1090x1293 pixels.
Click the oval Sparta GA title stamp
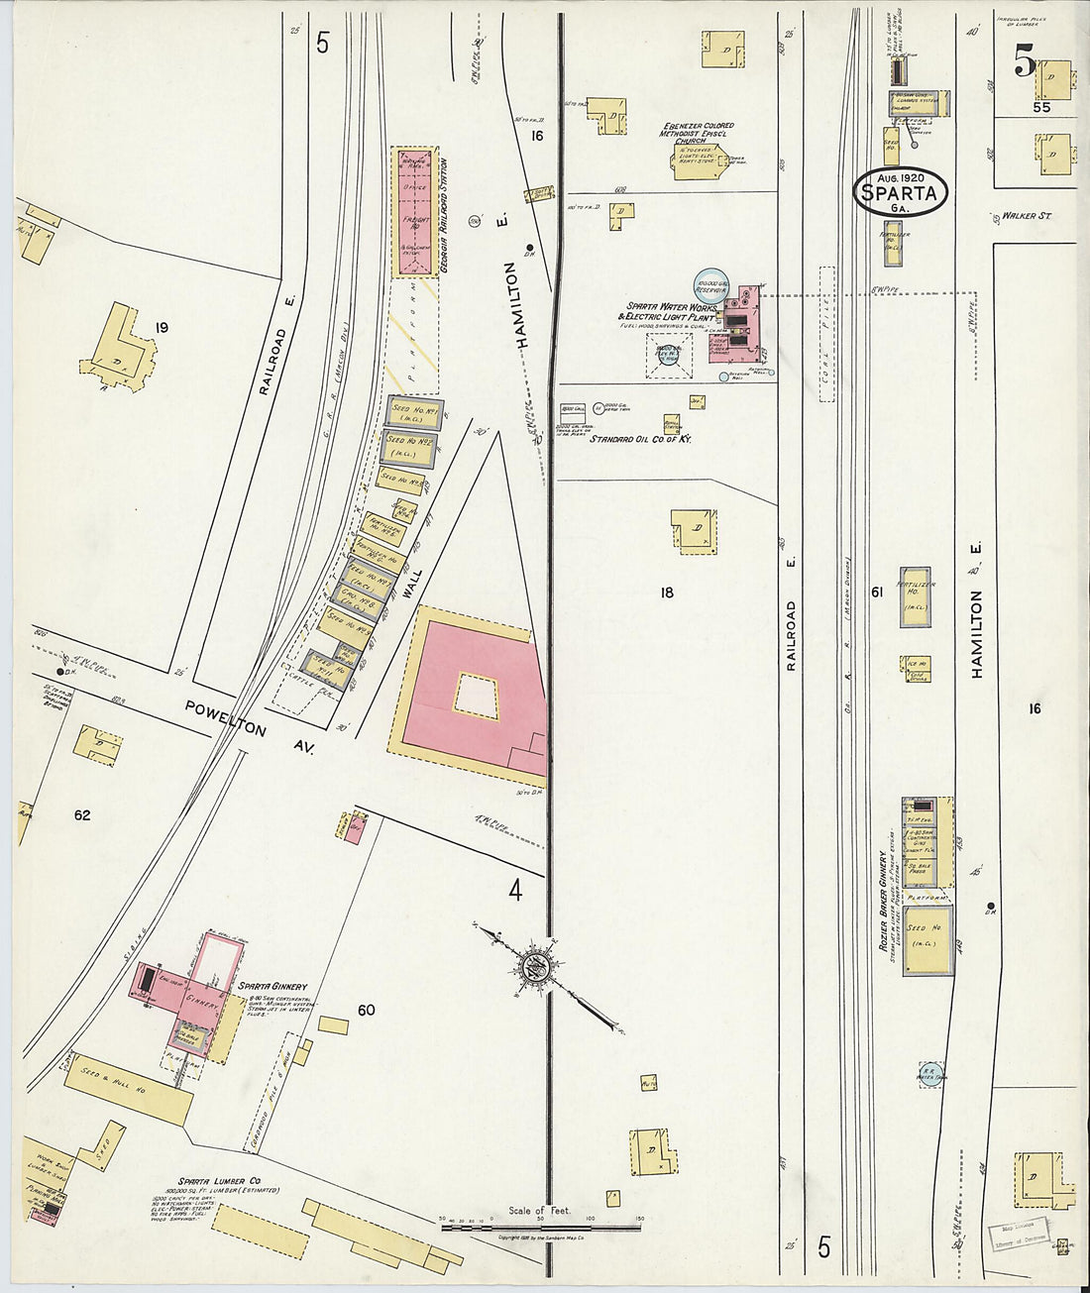click(x=900, y=191)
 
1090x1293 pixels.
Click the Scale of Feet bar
click(x=540, y=1227)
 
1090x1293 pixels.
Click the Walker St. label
click(x=1026, y=214)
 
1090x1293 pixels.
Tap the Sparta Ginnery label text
click(x=272, y=987)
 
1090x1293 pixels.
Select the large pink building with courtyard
click(x=474, y=694)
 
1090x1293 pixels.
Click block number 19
click(x=162, y=327)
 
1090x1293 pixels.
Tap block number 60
click(x=366, y=1010)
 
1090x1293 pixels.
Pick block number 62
click(x=81, y=814)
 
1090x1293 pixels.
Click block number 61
click(x=876, y=593)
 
